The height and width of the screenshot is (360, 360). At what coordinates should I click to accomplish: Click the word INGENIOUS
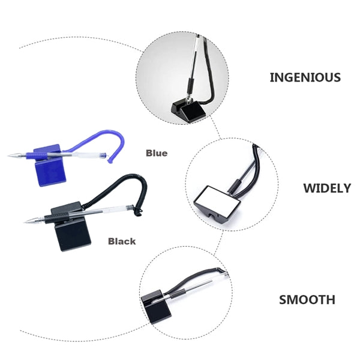[x=305, y=77]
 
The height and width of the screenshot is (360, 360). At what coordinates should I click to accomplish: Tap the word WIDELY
[x=327, y=188]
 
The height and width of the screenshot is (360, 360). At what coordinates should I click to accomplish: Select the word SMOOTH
[x=307, y=299]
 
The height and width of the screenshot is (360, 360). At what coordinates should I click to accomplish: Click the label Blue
[x=157, y=153]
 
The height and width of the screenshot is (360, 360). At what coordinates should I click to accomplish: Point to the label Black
[x=122, y=241]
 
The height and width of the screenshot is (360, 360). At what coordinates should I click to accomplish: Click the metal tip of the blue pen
[x=13, y=155]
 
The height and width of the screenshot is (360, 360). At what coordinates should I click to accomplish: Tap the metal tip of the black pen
[x=30, y=221]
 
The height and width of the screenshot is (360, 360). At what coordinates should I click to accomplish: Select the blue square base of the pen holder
[x=50, y=173]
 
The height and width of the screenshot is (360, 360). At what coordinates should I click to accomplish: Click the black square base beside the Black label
[x=73, y=238]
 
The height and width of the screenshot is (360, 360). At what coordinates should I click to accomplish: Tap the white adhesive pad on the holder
[x=221, y=196]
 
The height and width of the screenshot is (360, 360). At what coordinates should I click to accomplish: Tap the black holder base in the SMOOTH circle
[x=155, y=308]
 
